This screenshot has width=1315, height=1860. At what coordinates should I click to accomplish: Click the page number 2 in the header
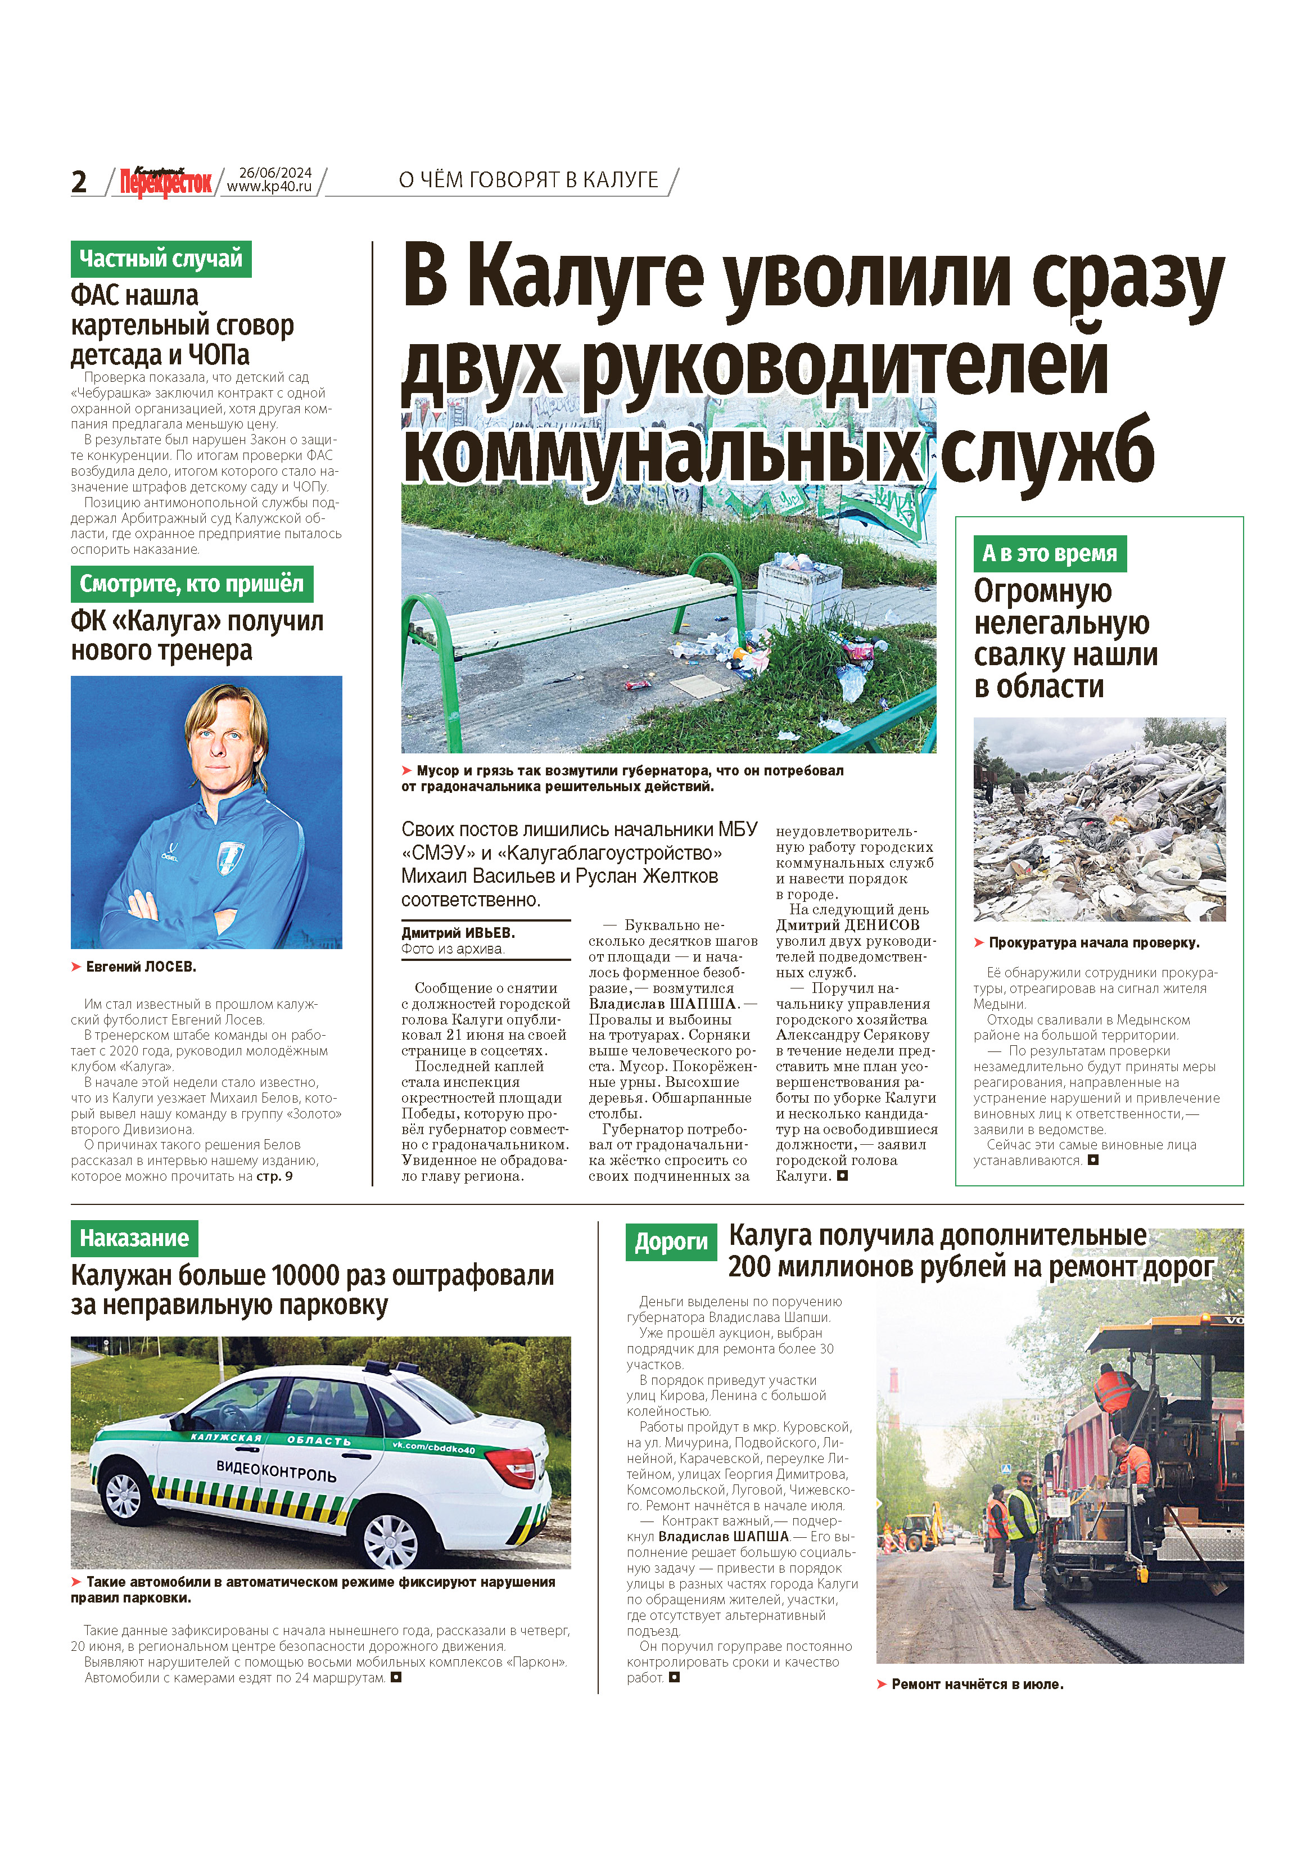coord(79,182)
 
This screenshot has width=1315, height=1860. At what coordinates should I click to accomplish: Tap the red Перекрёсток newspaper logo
coord(165,182)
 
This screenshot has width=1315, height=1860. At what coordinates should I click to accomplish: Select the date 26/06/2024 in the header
coord(275,173)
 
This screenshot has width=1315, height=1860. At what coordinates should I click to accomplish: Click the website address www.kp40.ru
coord(269,187)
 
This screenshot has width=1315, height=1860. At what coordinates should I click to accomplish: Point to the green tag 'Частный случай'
coord(160,259)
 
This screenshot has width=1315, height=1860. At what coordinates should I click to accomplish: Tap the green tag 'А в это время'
coord(1049,554)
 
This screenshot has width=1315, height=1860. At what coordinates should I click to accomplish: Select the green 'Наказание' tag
coord(134,1239)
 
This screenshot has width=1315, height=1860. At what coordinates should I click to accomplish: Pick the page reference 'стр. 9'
coord(275,1176)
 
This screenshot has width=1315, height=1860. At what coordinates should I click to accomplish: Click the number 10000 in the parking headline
coord(305,1276)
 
